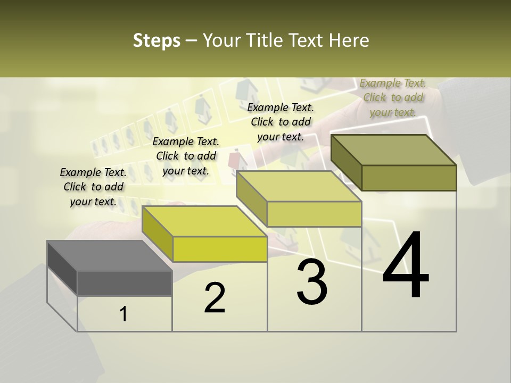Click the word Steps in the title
tap(156, 40)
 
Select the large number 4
tap(406, 266)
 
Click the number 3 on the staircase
tap(312, 283)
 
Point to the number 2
tap(215, 298)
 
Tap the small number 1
tap(123, 314)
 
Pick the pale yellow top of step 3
tap(298, 187)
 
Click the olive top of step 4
tap(393, 150)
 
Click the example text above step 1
tap(93, 187)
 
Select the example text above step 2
tap(186, 156)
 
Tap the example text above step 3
tap(281, 122)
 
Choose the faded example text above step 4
tap(393, 97)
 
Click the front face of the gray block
tap(125, 283)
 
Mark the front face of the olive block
tap(409, 178)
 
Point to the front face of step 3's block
tap(314, 214)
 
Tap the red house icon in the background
tap(234, 160)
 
